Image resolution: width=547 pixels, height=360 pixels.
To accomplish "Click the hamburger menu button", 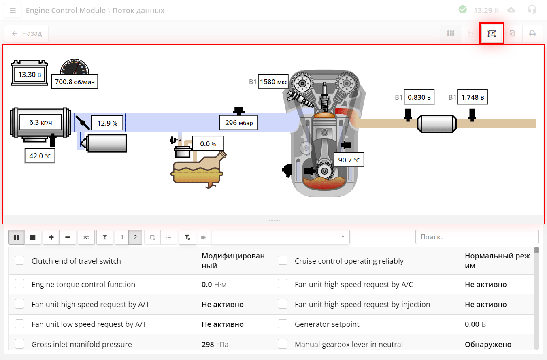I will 13,10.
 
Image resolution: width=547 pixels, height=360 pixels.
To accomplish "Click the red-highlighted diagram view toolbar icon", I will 492,34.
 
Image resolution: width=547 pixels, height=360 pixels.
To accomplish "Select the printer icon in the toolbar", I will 532,34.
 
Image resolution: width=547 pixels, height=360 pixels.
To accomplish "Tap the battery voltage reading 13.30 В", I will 30,75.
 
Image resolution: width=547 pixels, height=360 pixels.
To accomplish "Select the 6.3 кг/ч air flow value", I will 41,121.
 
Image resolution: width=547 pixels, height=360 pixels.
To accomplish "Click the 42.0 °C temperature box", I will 40,156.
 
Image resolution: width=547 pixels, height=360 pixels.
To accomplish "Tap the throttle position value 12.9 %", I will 107,123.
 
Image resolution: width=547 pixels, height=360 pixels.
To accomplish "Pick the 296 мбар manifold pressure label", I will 238,122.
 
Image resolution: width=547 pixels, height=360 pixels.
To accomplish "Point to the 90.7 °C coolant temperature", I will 349,160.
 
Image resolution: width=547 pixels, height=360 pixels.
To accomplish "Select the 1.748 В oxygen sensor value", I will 472,97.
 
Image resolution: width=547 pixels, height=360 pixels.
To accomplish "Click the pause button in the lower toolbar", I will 17,237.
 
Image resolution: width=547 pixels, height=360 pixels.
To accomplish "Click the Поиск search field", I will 477,237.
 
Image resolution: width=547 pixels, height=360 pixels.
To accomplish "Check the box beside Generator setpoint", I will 283,324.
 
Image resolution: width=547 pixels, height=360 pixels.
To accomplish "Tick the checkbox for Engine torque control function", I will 19,284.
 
